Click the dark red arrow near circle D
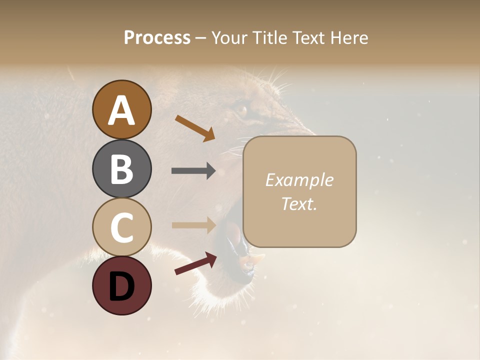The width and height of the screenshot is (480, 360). coord(195,263)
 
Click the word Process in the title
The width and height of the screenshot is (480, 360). coord(157,38)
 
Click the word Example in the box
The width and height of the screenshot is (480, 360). coord(299,180)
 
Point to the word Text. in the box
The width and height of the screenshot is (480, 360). coord(299,204)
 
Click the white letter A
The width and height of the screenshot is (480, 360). coord(121,110)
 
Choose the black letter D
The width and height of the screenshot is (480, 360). coord(121,286)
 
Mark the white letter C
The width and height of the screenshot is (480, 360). coord(121,227)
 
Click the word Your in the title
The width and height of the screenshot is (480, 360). coord(228,38)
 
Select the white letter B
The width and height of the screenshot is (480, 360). coord(121,169)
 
